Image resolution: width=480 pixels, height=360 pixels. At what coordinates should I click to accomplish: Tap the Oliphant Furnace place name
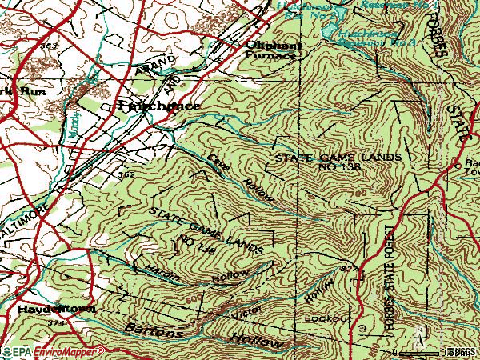pos(274,51)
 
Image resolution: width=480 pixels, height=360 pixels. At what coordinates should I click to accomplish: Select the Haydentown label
pos(47,309)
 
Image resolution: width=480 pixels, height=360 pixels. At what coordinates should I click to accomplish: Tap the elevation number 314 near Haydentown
pos(54,322)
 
